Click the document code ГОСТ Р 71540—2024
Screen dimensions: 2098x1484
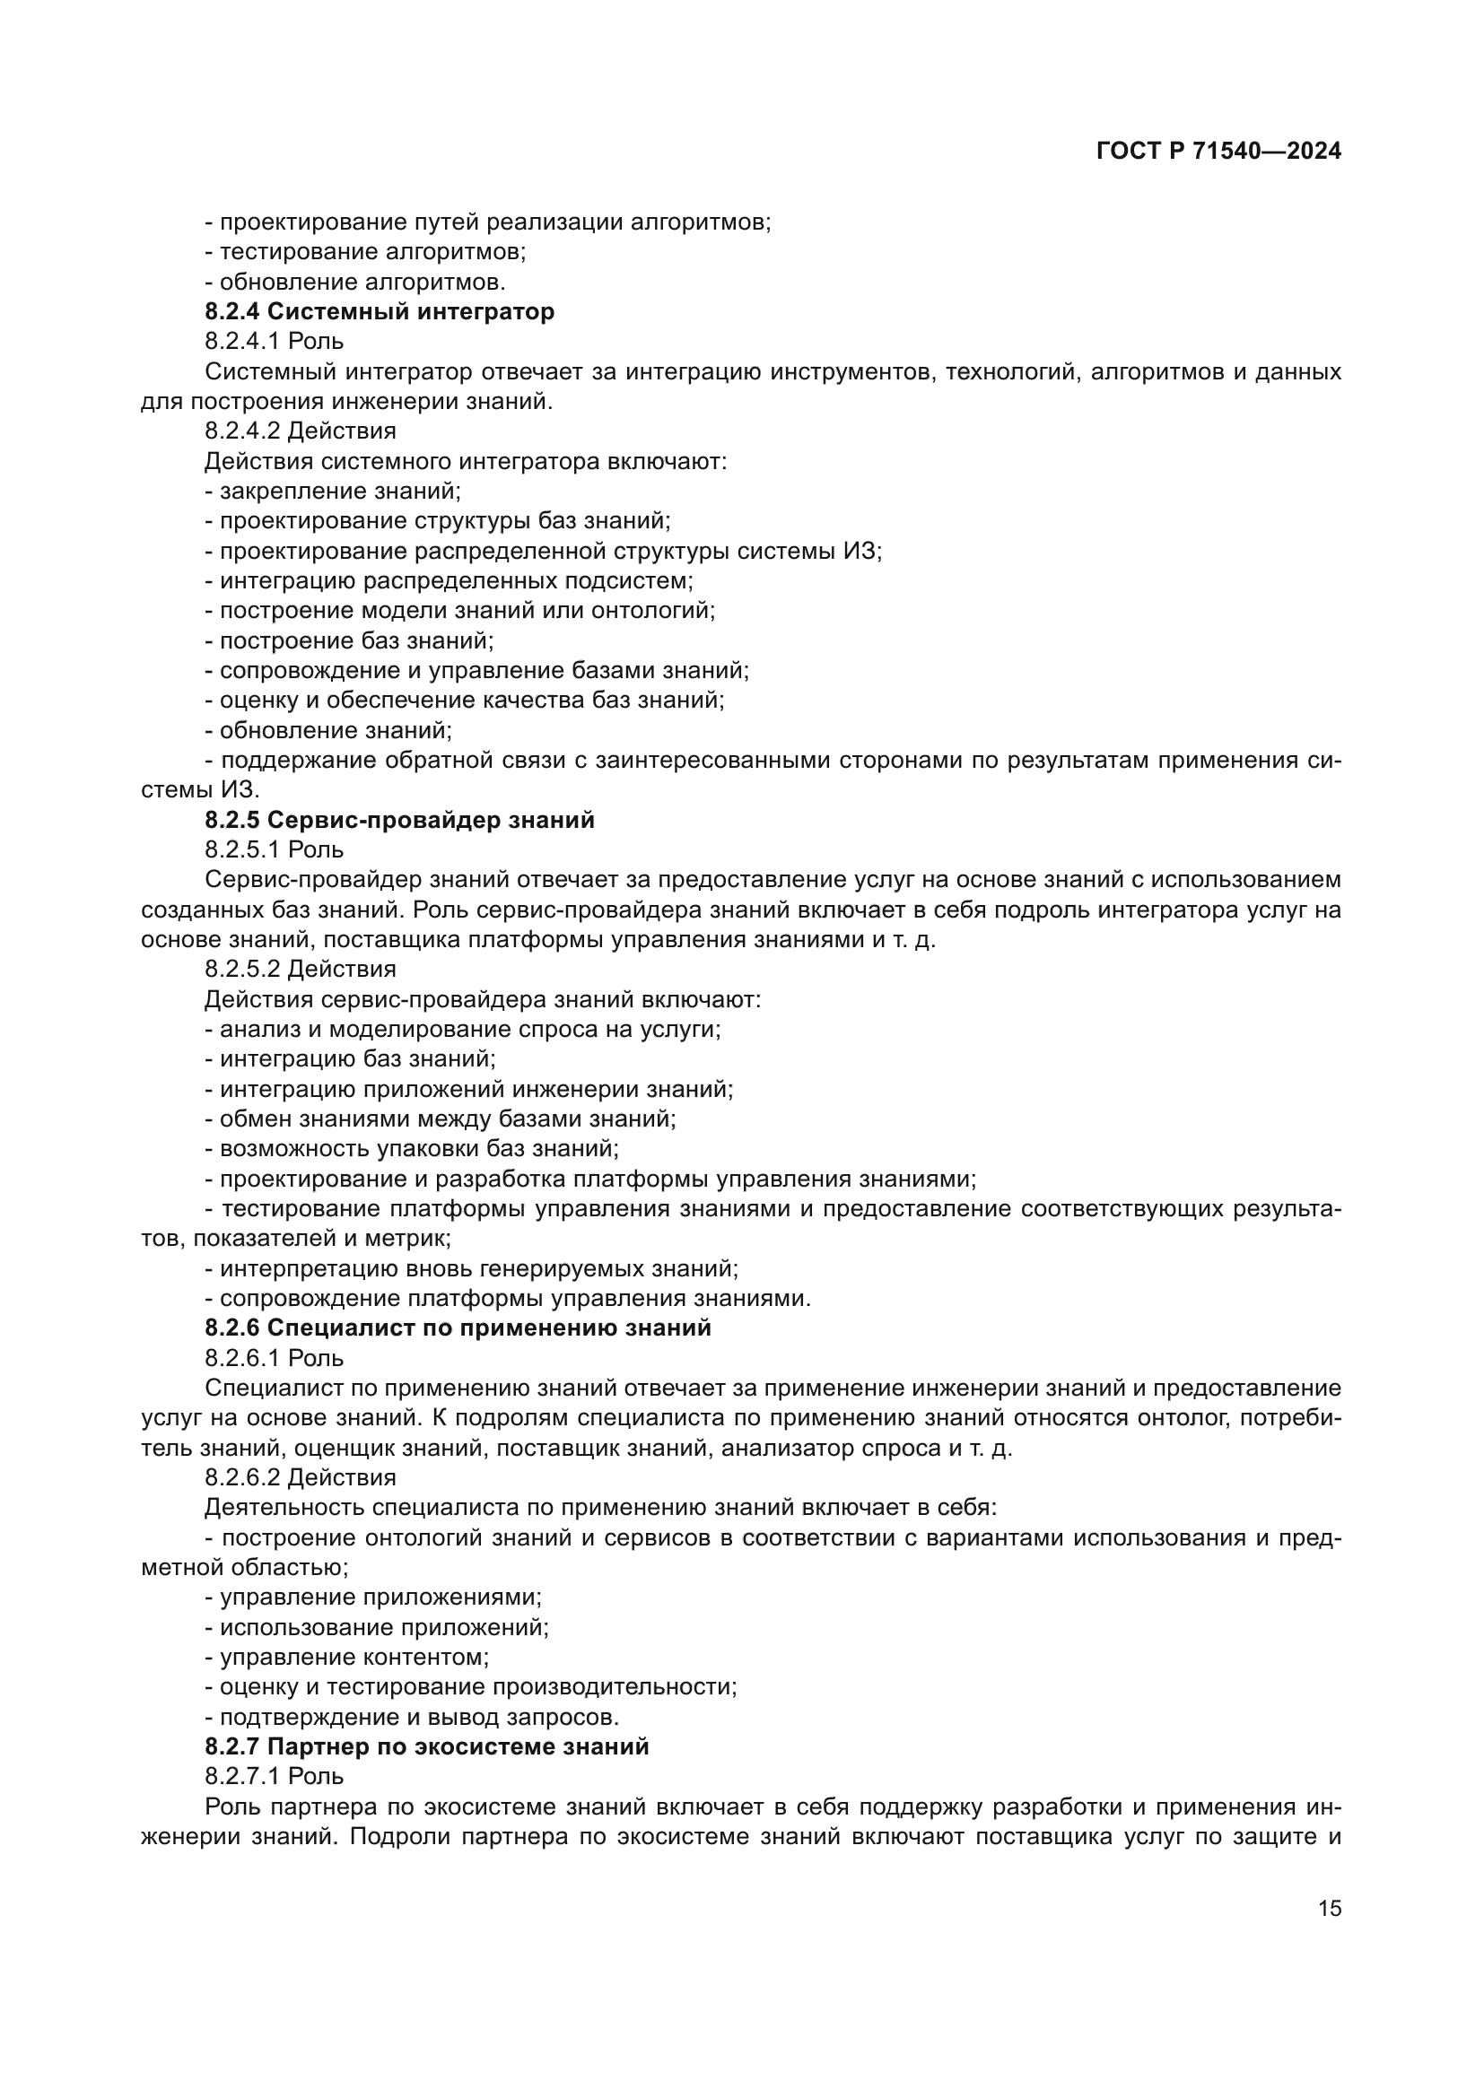1218,152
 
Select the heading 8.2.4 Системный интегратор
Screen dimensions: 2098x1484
380,311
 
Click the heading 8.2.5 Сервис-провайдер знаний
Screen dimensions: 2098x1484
399,820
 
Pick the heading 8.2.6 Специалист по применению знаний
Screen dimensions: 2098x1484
458,1328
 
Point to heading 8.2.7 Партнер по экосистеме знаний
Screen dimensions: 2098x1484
427,1746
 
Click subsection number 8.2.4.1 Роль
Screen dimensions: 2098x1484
275,342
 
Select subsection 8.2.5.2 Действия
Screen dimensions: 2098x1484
300,969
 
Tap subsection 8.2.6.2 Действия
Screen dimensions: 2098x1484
300,1477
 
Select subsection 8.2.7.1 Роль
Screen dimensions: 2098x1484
275,1776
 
